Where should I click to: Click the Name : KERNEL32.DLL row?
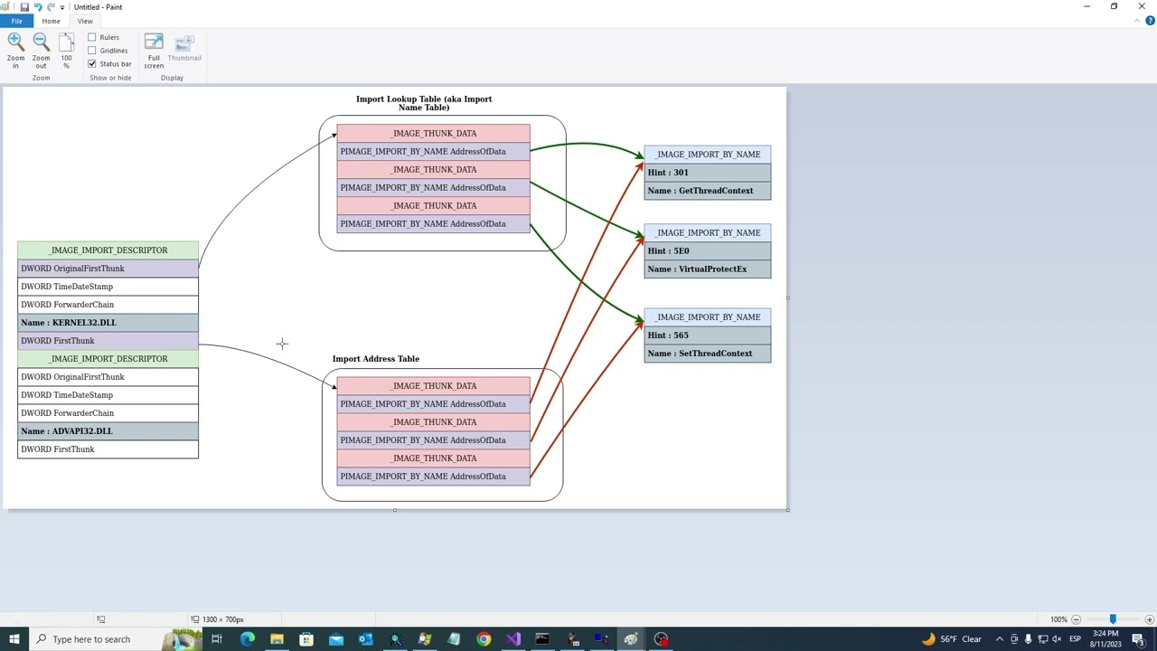[x=108, y=323]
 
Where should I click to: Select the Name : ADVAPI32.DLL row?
[x=108, y=431]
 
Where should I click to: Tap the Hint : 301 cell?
[x=708, y=173]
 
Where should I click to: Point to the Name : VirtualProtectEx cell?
[x=708, y=269]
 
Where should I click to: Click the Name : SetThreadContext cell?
[x=708, y=354]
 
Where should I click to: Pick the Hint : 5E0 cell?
[x=708, y=251]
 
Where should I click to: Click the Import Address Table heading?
[x=375, y=359]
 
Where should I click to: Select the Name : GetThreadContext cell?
[x=708, y=191]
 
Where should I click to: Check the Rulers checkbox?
[x=92, y=37]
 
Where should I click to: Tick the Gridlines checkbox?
[x=92, y=51]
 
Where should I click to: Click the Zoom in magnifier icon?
[x=15, y=42]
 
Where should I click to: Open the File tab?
[x=16, y=21]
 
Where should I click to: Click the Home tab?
[x=51, y=21]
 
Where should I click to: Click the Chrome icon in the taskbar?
[x=484, y=639]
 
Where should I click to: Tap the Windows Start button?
[x=14, y=639]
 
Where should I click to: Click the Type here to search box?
[x=96, y=639]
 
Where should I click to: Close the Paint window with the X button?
[x=1142, y=6]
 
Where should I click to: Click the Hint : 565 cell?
[x=708, y=335]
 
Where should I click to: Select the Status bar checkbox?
[x=92, y=64]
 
